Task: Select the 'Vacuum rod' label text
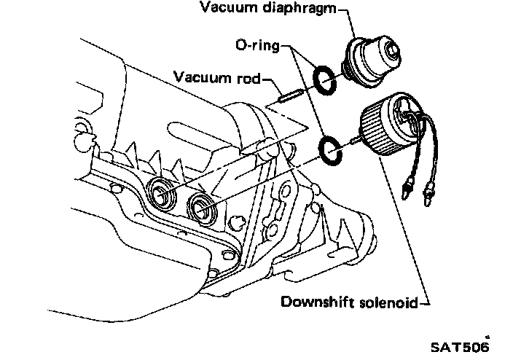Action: (x=216, y=76)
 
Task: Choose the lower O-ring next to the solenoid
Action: (x=332, y=145)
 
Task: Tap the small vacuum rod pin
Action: (x=290, y=94)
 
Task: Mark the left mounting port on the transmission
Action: (x=162, y=193)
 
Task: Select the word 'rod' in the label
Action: (x=246, y=76)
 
